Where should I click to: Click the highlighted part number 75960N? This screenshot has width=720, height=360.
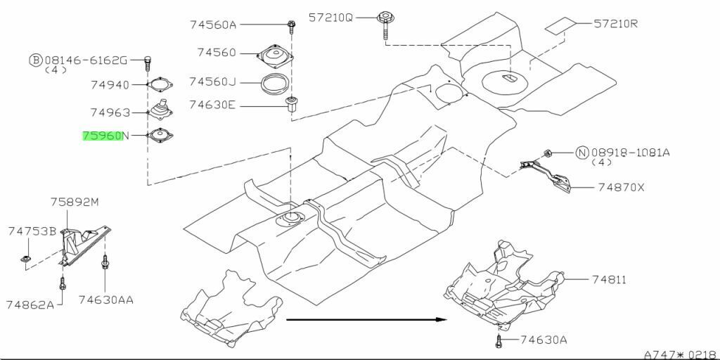[106, 136]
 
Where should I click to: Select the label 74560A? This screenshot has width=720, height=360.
[213, 25]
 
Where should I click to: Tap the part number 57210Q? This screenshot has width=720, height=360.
[330, 18]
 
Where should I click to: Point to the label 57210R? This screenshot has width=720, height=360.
[616, 23]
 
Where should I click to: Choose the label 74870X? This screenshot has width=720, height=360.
[622, 187]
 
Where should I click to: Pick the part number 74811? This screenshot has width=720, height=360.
[608, 280]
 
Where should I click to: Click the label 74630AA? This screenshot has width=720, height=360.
[105, 300]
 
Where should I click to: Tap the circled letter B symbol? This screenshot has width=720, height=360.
[36, 60]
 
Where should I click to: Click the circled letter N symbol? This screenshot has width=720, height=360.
[582, 153]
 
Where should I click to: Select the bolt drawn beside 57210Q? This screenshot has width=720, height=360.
[384, 25]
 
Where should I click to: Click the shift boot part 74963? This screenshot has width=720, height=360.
[160, 110]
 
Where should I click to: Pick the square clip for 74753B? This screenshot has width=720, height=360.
[25, 261]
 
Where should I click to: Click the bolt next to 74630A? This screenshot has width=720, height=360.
[499, 340]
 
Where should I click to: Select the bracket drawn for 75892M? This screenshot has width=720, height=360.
[83, 244]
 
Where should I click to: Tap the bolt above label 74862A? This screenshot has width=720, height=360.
[63, 283]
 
